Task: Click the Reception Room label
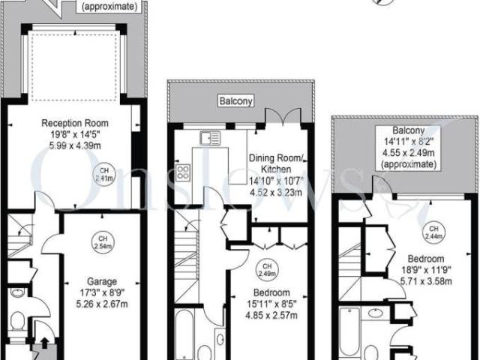(x=75, y=123)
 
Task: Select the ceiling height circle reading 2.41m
(x=104, y=175)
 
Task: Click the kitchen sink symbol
(x=210, y=137)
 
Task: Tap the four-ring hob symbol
(x=183, y=172)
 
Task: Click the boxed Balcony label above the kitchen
(x=236, y=101)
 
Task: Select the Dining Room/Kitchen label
(x=276, y=163)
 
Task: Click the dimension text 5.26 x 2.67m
(x=102, y=304)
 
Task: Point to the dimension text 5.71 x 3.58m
(x=426, y=281)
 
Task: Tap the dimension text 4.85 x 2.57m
(x=271, y=315)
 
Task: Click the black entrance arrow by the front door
(x=45, y=343)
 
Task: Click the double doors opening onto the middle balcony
(x=283, y=115)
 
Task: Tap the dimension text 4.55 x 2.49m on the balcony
(x=408, y=152)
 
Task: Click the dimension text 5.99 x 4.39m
(x=75, y=145)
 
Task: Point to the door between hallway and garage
(x=52, y=244)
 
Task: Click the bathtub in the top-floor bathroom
(x=349, y=332)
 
